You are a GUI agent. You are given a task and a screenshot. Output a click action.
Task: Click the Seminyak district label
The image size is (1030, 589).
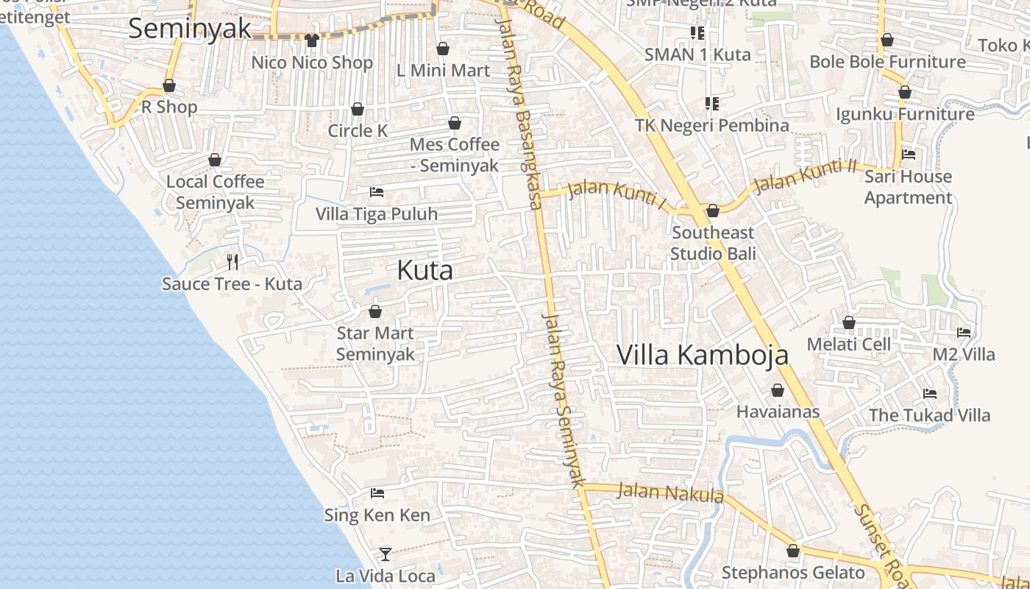pyautogui.click(x=190, y=29)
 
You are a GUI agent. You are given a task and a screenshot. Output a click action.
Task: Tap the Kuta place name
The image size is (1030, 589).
pyautogui.click(x=425, y=270)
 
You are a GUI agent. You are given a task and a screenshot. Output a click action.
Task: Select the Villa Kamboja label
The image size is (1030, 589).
pyautogui.click(x=702, y=355)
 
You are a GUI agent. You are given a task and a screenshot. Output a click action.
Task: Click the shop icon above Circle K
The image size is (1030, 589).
pyautogui.click(x=358, y=110)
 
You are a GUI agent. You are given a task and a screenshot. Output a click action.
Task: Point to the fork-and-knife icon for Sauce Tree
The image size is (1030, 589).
pyautogui.click(x=232, y=261)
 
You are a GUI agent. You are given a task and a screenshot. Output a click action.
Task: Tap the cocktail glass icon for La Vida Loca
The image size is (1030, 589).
pyautogui.click(x=386, y=554)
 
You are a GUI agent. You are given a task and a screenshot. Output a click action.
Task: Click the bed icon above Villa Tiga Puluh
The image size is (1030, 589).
pyautogui.click(x=377, y=192)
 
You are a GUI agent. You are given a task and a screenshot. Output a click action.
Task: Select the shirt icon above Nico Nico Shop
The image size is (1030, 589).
pyautogui.click(x=312, y=40)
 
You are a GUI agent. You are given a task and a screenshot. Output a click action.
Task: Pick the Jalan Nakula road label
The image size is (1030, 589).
pyautogui.click(x=670, y=492)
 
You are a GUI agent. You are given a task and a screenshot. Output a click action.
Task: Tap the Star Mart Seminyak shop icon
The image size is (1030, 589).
pyautogui.click(x=375, y=312)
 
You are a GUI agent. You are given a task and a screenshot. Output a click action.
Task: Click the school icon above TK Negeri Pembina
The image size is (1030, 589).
pyautogui.click(x=711, y=104)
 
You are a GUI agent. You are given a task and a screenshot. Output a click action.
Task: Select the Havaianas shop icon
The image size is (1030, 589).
pyautogui.click(x=778, y=390)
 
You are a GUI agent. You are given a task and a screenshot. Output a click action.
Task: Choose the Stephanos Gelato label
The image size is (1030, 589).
pyautogui.click(x=793, y=573)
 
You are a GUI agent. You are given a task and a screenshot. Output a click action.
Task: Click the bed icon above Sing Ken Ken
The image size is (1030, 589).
pyautogui.click(x=377, y=493)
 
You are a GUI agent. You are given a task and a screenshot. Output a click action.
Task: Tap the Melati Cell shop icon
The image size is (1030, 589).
pyautogui.click(x=849, y=322)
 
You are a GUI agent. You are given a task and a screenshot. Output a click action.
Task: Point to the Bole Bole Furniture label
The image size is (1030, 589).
pyautogui.click(x=887, y=62)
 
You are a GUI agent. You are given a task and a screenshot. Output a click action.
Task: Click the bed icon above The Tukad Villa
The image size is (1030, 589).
pyautogui.click(x=930, y=394)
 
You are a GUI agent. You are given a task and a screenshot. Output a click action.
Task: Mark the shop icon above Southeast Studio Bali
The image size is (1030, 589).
pyautogui.click(x=712, y=211)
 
